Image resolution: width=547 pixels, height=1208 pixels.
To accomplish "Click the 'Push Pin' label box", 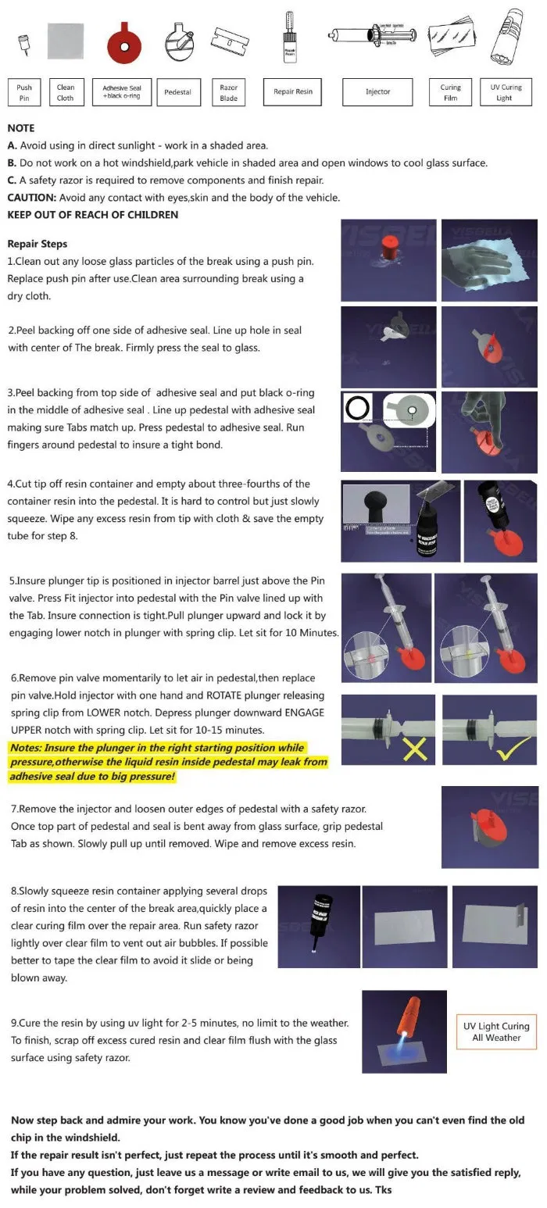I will click(x=24, y=92).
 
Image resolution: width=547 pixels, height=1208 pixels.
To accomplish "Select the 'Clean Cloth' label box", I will click(x=66, y=92).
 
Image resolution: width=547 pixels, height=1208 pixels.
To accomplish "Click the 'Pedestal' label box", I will click(x=178, y=92).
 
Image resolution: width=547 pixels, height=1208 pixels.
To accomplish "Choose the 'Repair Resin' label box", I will click(x=293, y=92).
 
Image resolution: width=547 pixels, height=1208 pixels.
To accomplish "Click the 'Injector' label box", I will click(x=378, y=92).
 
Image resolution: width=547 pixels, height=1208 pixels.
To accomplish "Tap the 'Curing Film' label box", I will click(x=451, y=92).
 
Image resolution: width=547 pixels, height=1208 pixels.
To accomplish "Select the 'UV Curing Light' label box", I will click(x=506, y=92).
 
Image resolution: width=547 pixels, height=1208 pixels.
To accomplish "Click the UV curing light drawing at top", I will click(x=506, y=38).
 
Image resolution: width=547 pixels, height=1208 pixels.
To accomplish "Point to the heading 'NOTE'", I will click(x=21, y=128).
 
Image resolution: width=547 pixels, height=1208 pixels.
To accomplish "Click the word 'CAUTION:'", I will click(x=31, y=198).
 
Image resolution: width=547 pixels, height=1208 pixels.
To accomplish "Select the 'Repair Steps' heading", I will click(x=38, y=244).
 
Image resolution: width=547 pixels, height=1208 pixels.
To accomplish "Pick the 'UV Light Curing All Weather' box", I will click(x=496, y=1031).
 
